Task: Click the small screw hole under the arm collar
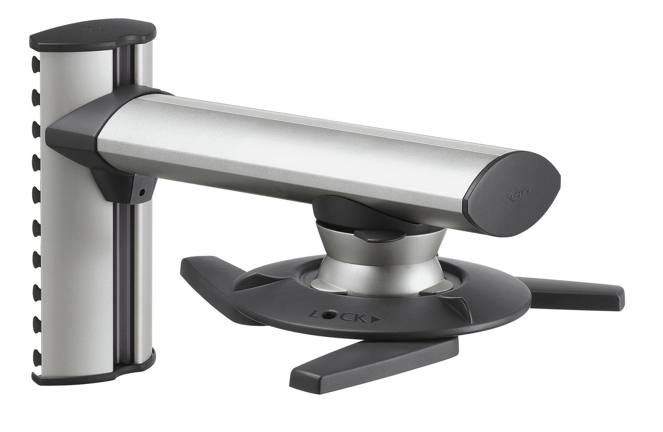143,192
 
